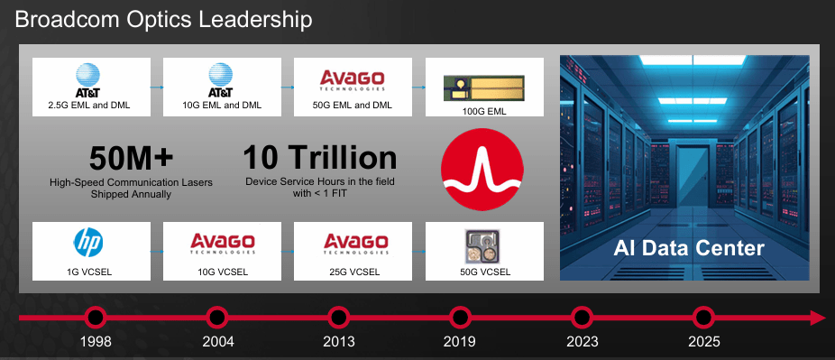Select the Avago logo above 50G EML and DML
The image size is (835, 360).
pos(353,80)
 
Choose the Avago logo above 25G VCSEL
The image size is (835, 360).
pos(353,245)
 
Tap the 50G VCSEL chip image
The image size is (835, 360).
pos(484,245)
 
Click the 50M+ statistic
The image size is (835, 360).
pos(131,159)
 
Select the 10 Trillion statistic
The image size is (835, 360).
pos(320,159)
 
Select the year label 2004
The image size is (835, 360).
pos(217,342)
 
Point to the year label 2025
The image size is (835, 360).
pos(703,342)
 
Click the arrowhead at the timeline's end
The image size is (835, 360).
pos(817,318)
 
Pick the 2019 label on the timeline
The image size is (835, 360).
pos(460,342)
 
